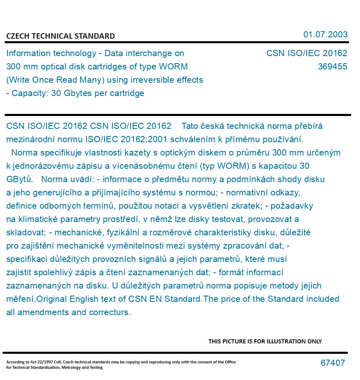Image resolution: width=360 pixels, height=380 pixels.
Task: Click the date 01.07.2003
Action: [x=325, y=35]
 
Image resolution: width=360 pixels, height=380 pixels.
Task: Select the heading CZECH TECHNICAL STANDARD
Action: [x=60, y=36]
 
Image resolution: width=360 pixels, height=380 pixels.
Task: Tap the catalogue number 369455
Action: [x=332, y=67]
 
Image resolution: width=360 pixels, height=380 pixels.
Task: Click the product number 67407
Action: [x=333, y=363]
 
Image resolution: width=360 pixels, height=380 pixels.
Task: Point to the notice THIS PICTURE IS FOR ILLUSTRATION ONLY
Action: [x=265, y=342]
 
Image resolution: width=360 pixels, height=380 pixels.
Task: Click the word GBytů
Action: [x=20, y=179]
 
